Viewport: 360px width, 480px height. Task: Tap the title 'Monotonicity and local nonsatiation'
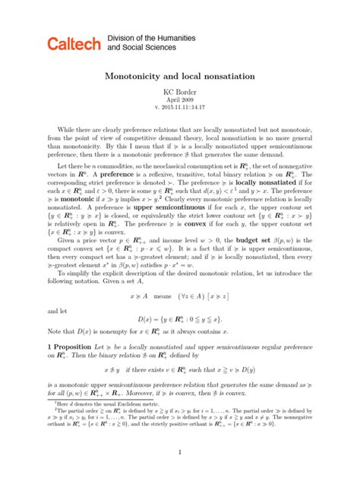click(x=179, y=78)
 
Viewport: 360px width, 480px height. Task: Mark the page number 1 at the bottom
click(x=179, y=474)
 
